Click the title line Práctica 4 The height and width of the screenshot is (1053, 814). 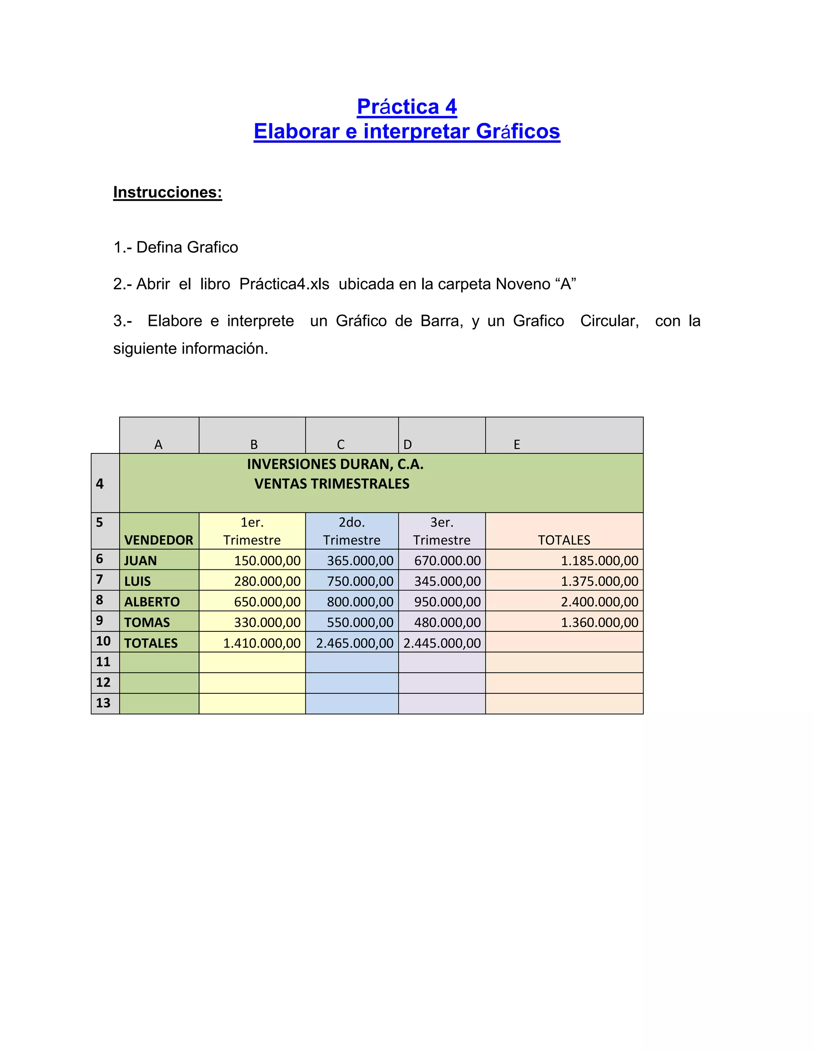[x=407, y=106]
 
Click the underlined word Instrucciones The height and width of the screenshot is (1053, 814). [x=167, y=192]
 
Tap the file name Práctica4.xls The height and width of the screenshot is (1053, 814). [x=284, y=284]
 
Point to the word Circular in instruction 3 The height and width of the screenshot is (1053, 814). [x=609, y=321]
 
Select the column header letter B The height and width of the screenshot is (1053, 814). [x=254, y=445]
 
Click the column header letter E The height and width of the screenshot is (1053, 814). [x=516, y=445]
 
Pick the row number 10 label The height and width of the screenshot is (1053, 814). [x=103, y=641]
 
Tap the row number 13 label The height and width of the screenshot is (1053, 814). [x=103, y=703]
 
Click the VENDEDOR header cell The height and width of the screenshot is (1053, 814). [x=159, y=540]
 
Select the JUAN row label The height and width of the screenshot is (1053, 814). [x=140, y=561]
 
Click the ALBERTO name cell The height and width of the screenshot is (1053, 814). [x=152, y=602]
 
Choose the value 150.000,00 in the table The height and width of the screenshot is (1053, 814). [x=267, y=561]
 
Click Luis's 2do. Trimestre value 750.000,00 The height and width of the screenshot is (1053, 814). [x=360, y=581]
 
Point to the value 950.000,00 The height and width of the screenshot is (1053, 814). [x=447, y=602]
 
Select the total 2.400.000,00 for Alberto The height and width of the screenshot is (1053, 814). [x=599, y=602]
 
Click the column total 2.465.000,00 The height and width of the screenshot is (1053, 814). [x=355, y=643]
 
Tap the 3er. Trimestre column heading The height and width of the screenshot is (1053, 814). [x=442, y=531]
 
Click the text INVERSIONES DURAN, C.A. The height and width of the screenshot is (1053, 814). [x=335, y=464]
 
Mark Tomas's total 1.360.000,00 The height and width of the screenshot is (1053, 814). [x=599, y=622]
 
